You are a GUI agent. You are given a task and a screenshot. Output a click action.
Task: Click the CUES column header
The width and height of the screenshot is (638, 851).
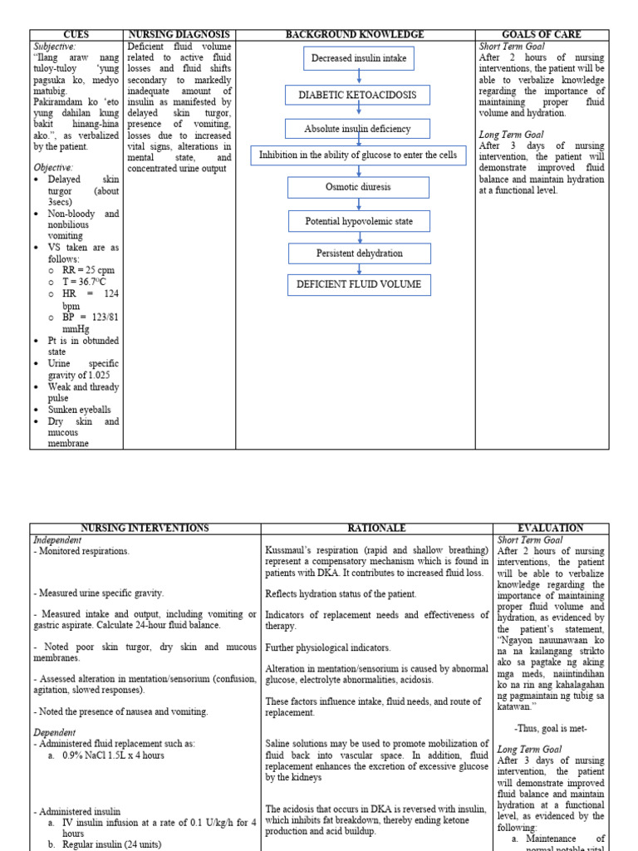(76, 35)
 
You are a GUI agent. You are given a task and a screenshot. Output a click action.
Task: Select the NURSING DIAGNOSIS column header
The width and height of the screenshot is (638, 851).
(179, 35)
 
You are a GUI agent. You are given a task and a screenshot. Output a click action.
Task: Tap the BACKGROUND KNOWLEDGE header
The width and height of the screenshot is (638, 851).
(355, 35)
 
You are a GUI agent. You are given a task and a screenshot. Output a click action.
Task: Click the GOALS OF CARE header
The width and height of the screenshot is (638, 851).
(542, 35)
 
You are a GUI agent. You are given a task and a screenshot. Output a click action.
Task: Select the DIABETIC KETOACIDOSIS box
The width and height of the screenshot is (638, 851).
(357, 96)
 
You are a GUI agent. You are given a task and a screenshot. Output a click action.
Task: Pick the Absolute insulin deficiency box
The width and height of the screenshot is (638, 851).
(357, 129)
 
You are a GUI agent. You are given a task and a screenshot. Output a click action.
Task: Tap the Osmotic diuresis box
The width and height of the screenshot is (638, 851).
(359, 187)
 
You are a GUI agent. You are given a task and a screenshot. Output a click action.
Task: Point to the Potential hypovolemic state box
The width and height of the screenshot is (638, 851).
(359, 221)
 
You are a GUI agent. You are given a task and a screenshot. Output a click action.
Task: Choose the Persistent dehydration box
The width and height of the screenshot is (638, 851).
(359, 253)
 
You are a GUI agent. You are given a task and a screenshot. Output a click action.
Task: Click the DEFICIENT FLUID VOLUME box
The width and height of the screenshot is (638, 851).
(359, 285)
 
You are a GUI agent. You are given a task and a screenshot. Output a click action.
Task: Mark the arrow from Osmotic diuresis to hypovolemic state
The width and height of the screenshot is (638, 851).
(359, 204)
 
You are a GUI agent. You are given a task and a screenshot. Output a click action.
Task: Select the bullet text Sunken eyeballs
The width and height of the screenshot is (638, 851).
(80, 410)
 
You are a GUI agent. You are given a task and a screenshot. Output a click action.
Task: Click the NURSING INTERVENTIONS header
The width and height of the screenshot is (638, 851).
(145, 529)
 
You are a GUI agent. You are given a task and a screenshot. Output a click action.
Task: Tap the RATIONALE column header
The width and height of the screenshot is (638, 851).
(376, 529)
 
